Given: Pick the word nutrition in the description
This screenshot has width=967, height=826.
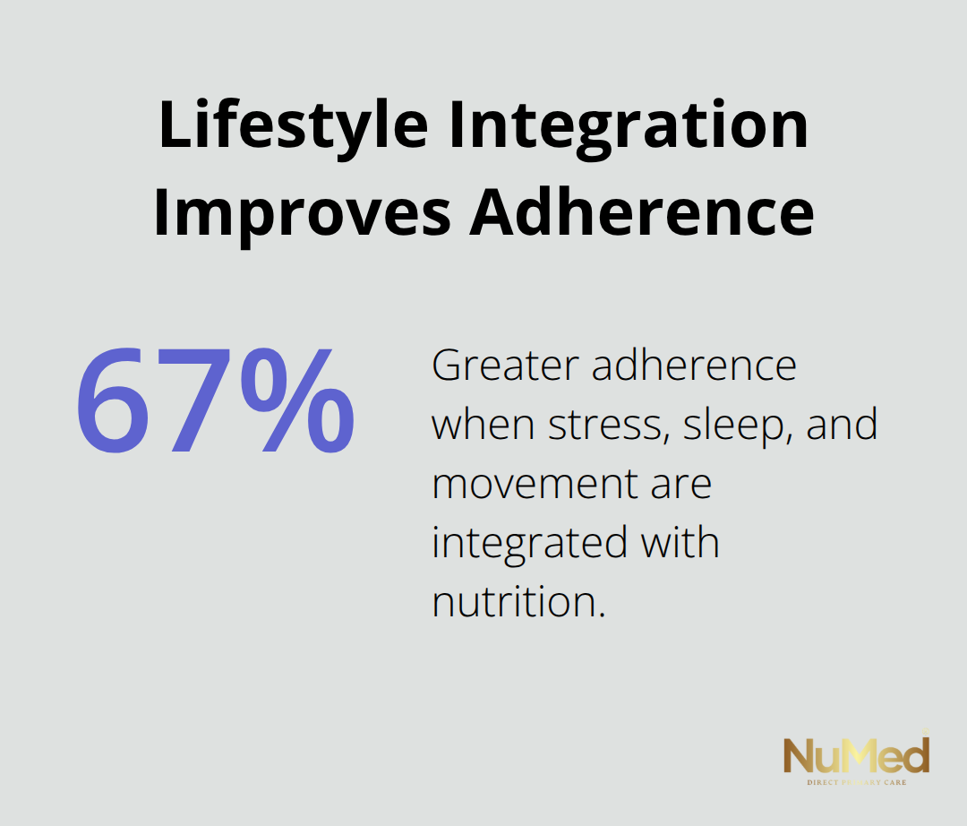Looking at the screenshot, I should coord(518,602).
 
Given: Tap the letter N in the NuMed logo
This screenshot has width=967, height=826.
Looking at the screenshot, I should coord(799,758).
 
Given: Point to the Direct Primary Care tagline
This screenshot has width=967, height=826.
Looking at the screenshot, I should coord(856,783).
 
